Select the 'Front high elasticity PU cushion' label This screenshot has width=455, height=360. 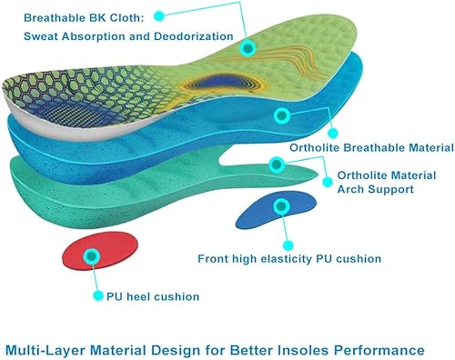click(289, 259)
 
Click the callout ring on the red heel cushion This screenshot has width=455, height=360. click(92, 257)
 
